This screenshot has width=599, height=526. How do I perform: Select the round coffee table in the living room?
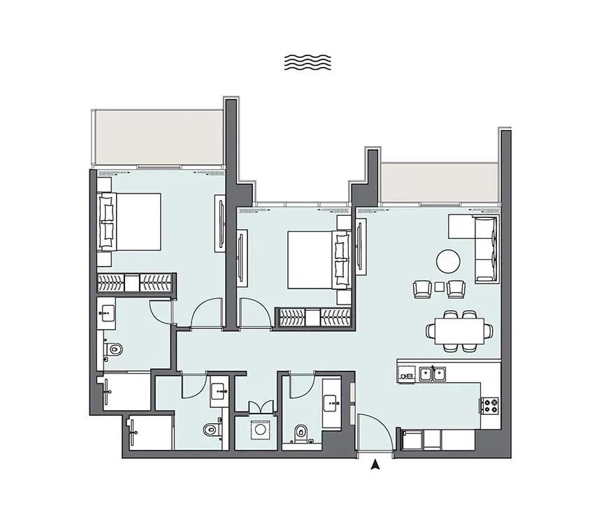(448, 262)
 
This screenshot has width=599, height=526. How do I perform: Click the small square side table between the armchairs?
(439, 286)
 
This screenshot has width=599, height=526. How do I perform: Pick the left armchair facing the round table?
(422, 288)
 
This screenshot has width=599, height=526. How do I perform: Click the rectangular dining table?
(459, 328)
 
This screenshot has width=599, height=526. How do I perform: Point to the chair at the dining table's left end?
(431, 329)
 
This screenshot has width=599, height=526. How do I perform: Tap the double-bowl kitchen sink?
(432, 374)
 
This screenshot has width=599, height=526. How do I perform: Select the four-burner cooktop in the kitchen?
(489, 405)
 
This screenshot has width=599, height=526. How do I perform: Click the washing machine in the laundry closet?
(260, 430)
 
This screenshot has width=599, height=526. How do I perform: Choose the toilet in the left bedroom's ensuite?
(113, 348)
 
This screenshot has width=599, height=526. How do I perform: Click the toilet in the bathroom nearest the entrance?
(301, 432)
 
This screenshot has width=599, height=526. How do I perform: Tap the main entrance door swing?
(373, 433)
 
